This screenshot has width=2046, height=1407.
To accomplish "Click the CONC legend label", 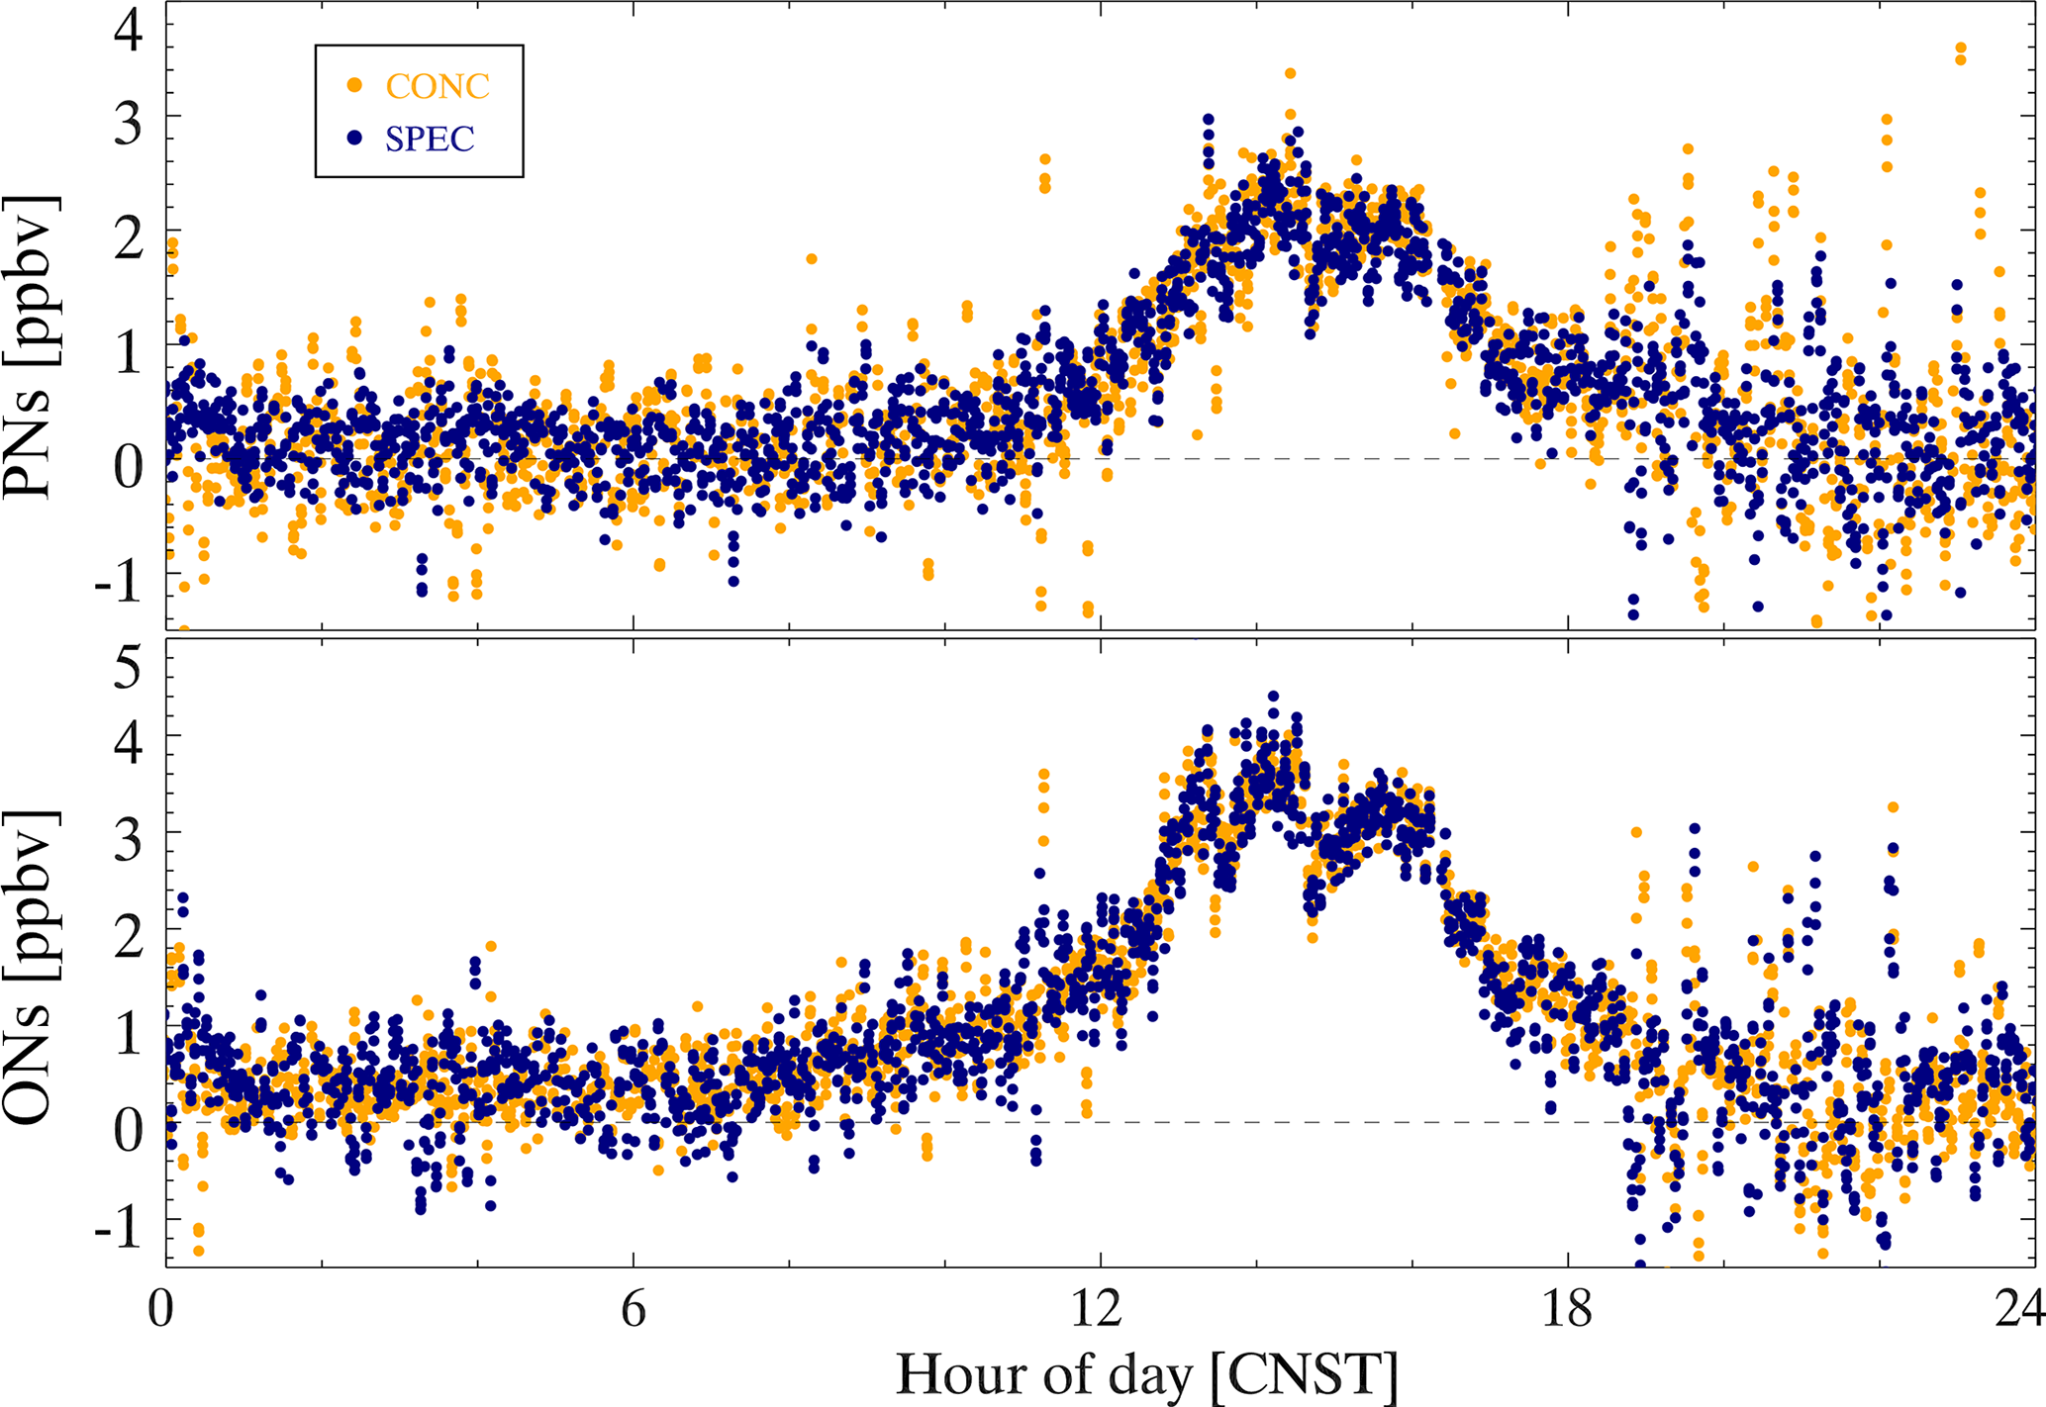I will pos(438,87).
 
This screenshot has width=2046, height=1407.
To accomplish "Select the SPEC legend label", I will pos(430,139).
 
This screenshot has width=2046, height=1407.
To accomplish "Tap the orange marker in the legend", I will pos(354,86).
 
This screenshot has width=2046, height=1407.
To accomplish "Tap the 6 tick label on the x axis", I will pos(633,1310).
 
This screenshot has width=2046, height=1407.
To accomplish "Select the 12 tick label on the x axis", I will pos(1099,1310).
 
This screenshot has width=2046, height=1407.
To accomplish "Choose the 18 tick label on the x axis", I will pos(1568,1310).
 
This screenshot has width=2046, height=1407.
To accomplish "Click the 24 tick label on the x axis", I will pos(2019,1310).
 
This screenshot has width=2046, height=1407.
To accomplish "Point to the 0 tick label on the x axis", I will pos(161,1310).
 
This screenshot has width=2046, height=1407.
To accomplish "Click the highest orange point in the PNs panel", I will pos(1961,47).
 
